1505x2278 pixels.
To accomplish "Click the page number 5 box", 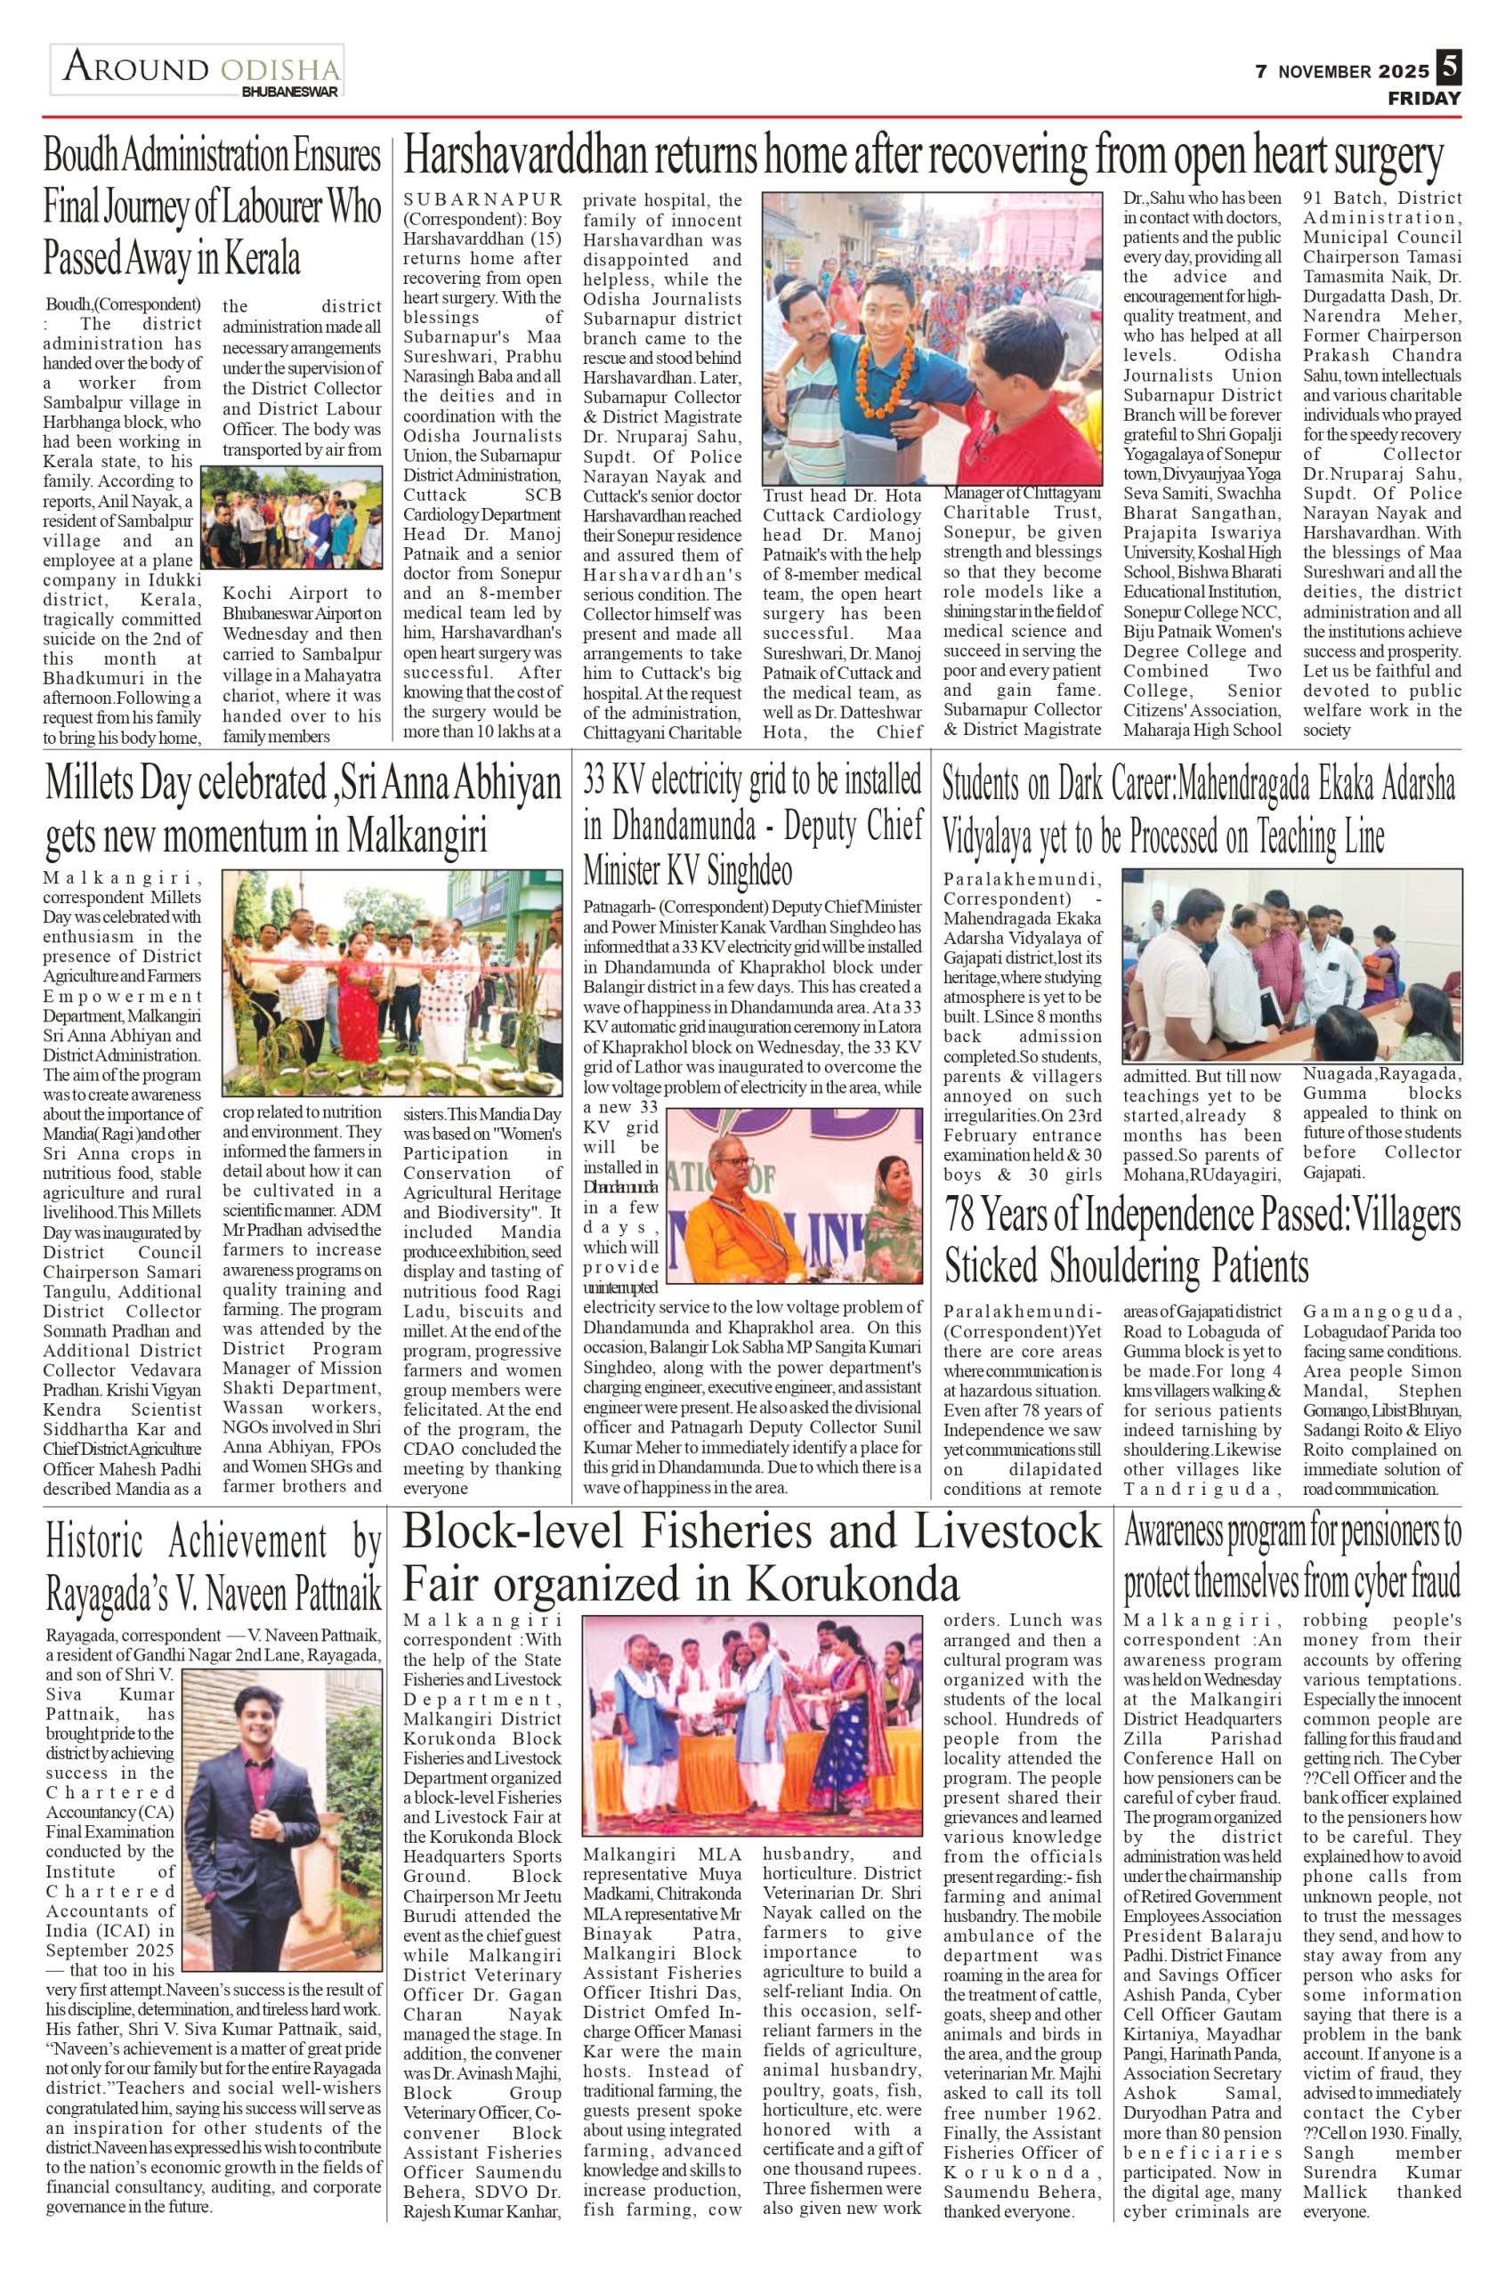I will click(1448, 69).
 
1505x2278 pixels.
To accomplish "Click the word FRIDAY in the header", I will click(1424, 99).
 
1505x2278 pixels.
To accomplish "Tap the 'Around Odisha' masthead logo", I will click(198, 71).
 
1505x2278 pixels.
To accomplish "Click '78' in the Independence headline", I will click(963, 1216).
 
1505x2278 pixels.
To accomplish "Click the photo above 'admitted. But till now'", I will click(1291, 964).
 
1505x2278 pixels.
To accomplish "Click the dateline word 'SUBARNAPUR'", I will click(482, 199).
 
